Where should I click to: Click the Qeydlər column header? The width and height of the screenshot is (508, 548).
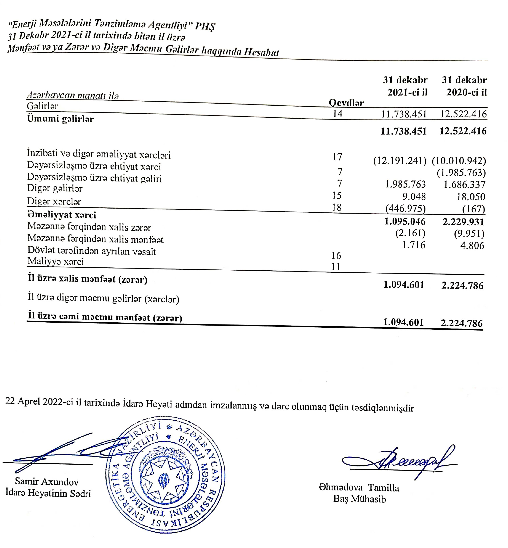pyautogui.click(x=346, y=103)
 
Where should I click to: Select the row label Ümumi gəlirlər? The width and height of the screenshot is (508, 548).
pyautogui.click(x=60, y=119)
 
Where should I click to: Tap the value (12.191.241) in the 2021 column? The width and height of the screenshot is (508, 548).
pyautogui.click(x=400, y=160)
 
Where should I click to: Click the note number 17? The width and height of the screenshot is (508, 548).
pyautogui.click(x=337, y=157)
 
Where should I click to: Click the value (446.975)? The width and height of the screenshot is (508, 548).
pyautogui.click(x=405, y=209)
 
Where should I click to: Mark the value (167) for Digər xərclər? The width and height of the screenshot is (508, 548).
pyautogui.click(x=473, y=209)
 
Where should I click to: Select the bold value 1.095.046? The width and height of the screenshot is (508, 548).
pyautogui.click(x=405, y=222)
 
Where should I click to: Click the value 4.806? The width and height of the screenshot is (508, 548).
pyautogui.click(x=472, y=245)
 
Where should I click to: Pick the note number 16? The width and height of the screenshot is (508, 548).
pyautogui.click(x=336, y=256)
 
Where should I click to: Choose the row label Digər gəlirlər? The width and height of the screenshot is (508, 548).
pyautogui.click(x=55, y=188)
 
